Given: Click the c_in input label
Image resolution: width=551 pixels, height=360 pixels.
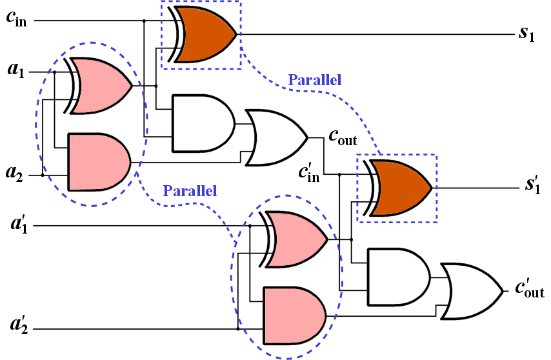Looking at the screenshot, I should pyautogui.click(x=17, y=19).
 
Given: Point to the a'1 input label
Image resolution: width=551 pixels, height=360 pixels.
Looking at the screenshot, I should pyautogui.click(x=15, y=226).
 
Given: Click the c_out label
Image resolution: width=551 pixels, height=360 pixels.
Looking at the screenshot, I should pyautogui.click(x=343, y=137).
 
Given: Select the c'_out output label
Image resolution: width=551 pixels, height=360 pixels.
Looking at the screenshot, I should pyautogui.click(x=529, y=290).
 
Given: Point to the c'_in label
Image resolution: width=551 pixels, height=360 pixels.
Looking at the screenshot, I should pyautogui.click(x=309, y=173).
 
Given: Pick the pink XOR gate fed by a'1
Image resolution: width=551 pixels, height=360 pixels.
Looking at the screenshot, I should pyautogui.click(x=297, y=239).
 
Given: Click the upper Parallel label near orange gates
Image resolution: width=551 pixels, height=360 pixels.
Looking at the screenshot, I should pyautogui.click(x=314, y=80).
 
